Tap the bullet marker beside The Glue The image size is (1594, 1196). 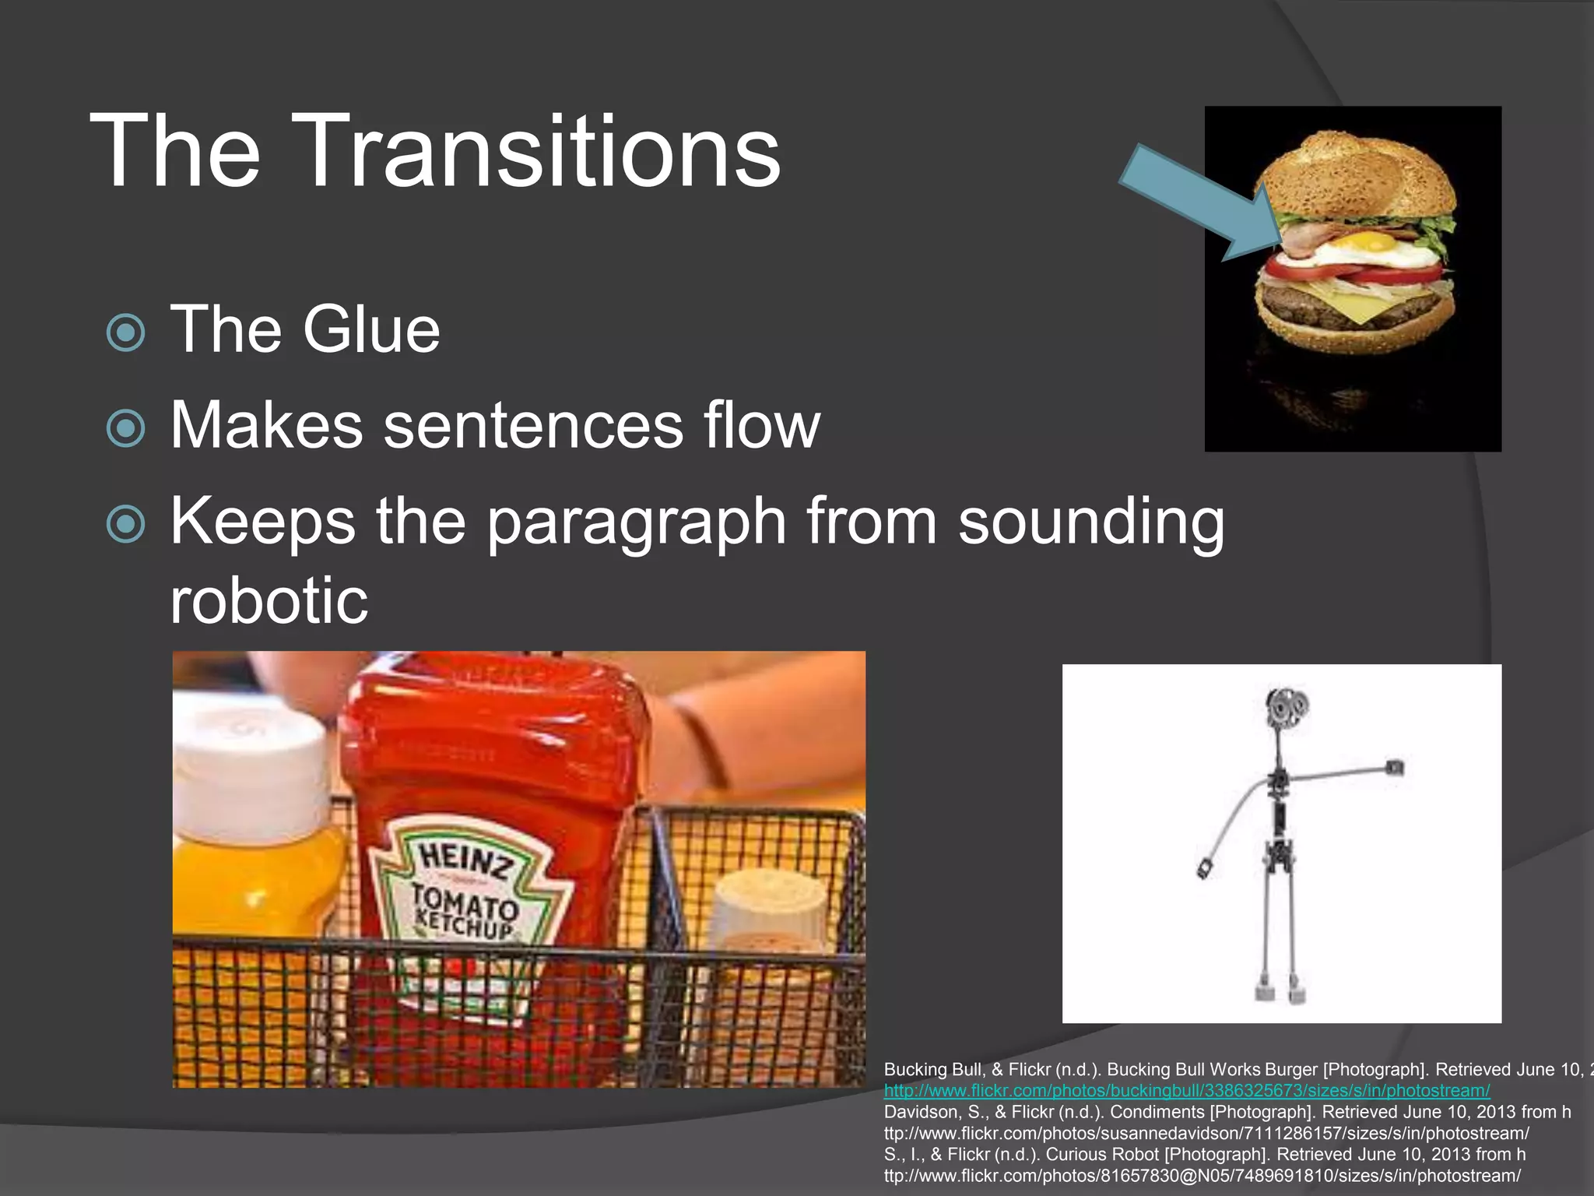click(125, 332)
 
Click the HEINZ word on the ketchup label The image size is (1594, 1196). click(466, 861)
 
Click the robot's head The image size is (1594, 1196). click(1285, 708)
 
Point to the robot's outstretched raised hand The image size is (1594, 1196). click(1394, 769)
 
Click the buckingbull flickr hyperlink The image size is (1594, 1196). click(1187, 1091)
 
